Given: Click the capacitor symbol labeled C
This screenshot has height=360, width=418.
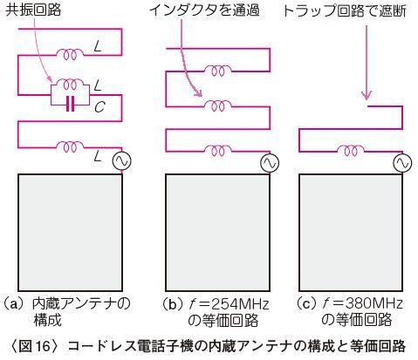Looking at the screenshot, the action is (x=70, y=105).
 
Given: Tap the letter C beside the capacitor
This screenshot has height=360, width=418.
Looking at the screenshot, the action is (x=99, y=107).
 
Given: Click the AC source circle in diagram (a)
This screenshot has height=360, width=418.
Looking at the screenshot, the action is (x=122, y=161).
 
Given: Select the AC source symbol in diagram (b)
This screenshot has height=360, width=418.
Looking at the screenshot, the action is (x=270, y=163).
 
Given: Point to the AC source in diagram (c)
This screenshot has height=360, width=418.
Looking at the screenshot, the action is (x=403, y=163).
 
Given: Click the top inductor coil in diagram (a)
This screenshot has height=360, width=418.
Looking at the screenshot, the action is (x=70, y=54).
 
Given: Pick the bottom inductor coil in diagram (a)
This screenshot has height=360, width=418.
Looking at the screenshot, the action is (x=70, y=146).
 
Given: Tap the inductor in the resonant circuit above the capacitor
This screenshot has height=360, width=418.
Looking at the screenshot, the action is (x=70, y=85).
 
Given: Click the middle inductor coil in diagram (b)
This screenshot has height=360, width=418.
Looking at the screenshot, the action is (x=218, y=105).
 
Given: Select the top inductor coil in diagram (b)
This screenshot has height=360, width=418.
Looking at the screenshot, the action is (x=218, y=71).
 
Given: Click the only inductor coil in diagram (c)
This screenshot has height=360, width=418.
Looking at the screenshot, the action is (x=351, y=151).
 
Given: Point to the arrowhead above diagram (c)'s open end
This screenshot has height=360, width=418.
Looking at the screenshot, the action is (x=367, y=95).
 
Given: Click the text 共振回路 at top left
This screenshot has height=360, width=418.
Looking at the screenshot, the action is (x=33, y=10).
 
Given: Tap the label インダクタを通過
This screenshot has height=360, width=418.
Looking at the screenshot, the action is (x=204, y=10).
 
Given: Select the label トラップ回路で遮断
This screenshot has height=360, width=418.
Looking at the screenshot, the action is (x=345, y=11).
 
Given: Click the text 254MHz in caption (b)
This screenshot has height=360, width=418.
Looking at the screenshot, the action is (x=240, y=304).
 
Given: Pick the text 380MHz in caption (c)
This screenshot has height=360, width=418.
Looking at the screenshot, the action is (x=374, y=303).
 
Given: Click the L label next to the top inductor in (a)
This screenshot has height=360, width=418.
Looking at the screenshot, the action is (x=99, y=46).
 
